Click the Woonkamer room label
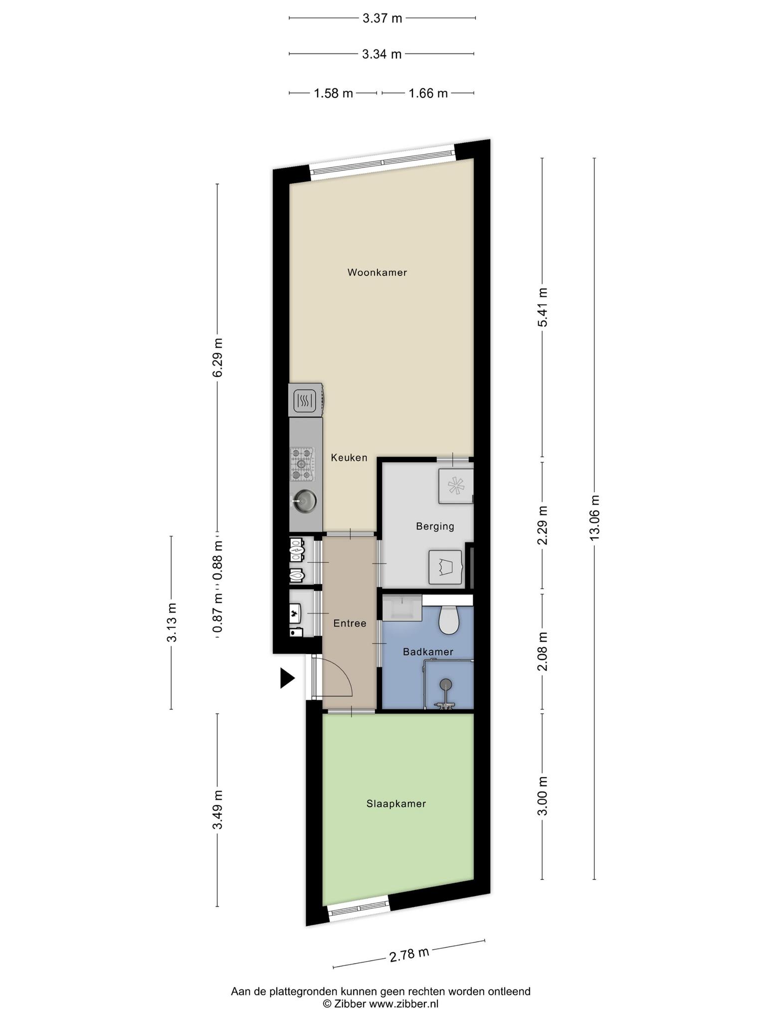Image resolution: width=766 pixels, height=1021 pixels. click(x=377, y=273)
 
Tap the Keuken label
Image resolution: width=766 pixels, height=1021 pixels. click(x=349, y=458)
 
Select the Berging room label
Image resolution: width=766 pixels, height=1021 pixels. click(x=435, y=526)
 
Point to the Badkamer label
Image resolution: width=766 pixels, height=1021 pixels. click(x=428, y=652)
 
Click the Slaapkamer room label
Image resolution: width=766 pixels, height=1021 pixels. click(x=396, y=804)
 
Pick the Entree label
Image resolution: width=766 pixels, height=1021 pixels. click(x=350, y=623)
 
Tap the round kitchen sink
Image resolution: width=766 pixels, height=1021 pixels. click(x=304, y=500)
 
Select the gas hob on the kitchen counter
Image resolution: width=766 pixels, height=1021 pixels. click(x=303, y=465)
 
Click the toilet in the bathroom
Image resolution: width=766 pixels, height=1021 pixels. click(x=448, y=620)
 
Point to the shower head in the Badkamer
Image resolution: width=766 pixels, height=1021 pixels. click(x=446, y=684)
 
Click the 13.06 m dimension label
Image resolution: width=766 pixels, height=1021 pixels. click(x=594, y=517)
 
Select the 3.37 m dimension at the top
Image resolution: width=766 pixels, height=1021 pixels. click(x=382, y=18)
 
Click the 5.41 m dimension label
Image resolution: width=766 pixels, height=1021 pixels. click(x=543, y=307)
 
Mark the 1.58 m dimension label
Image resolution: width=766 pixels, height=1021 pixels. click(x=333, y=93)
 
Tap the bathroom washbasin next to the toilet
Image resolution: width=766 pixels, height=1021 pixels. click(x=402, y=608)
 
